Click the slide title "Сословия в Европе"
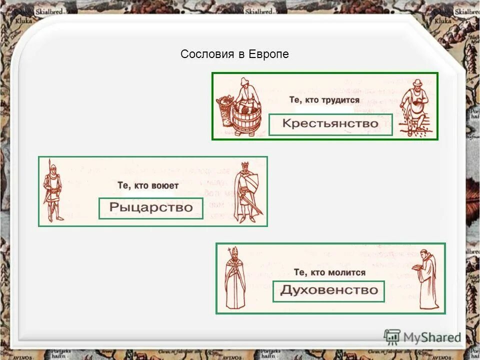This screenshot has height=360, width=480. click(234, 54)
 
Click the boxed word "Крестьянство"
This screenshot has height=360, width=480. click(330, 124)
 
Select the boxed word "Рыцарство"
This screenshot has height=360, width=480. click(151, 207)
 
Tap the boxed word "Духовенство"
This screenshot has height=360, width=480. click(328, 290)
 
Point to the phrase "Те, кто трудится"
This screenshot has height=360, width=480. click(324, 100)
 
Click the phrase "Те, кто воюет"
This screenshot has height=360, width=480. click(148, 185)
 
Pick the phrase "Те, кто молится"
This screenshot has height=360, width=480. click(329, 272)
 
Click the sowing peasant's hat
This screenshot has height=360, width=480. click(417, 82)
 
